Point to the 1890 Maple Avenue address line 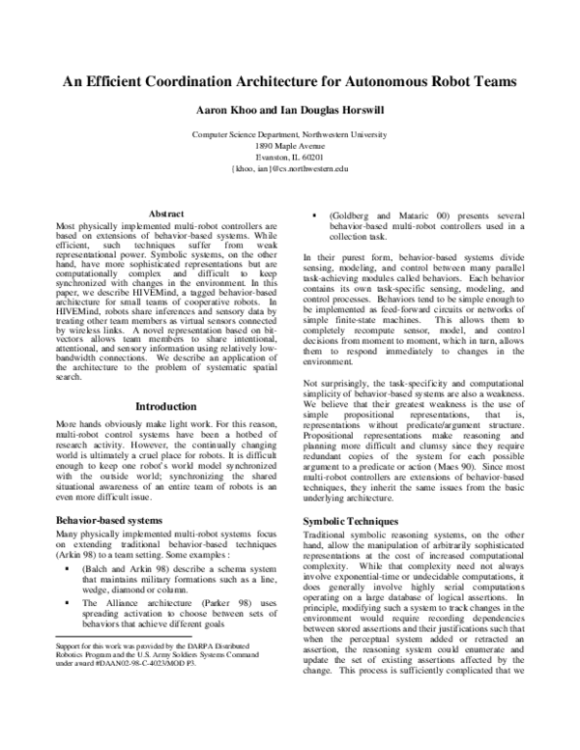290,144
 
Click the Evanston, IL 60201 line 290,156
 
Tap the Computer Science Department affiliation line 290,132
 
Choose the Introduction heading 161,407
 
